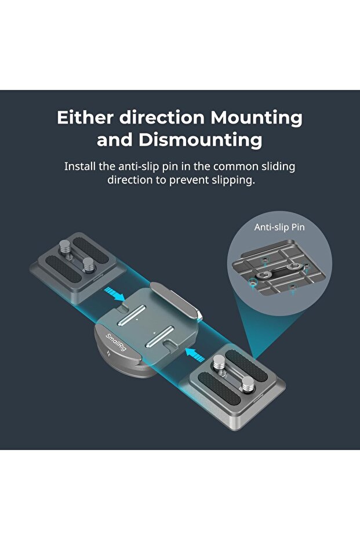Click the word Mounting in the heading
(x=256, y=118)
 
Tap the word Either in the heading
(x=85, y=118)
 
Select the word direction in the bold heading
(x=162, y=118)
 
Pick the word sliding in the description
(x=277, y=166)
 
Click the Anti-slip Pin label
(x=279, y=227)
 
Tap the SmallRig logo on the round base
(x=116, y=346)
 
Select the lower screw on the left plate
(x=88, y=264)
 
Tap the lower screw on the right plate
(x=246, y=384)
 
